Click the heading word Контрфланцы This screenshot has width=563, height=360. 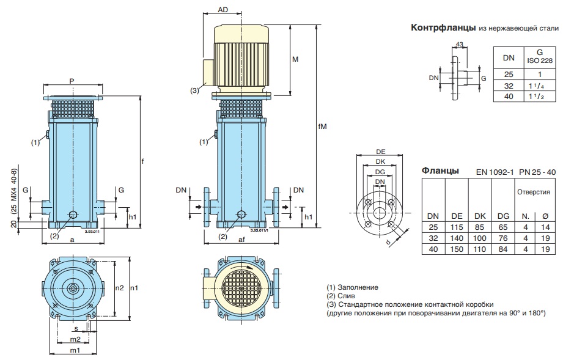[443, 28]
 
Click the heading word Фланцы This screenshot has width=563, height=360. [441, 171]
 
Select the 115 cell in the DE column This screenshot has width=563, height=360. [457, 227]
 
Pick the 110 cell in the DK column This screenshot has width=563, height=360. [482, 250]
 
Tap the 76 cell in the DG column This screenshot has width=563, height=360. [504, 238]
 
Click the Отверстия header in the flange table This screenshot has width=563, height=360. [533, 191]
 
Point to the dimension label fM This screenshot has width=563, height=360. [323, 128]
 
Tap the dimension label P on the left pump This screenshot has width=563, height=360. [72, 81]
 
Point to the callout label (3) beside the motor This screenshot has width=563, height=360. [194, 90]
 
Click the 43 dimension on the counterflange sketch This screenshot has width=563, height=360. [460, 45]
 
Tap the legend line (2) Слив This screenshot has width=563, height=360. [347, 295]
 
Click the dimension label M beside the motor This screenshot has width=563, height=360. [295, 59]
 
